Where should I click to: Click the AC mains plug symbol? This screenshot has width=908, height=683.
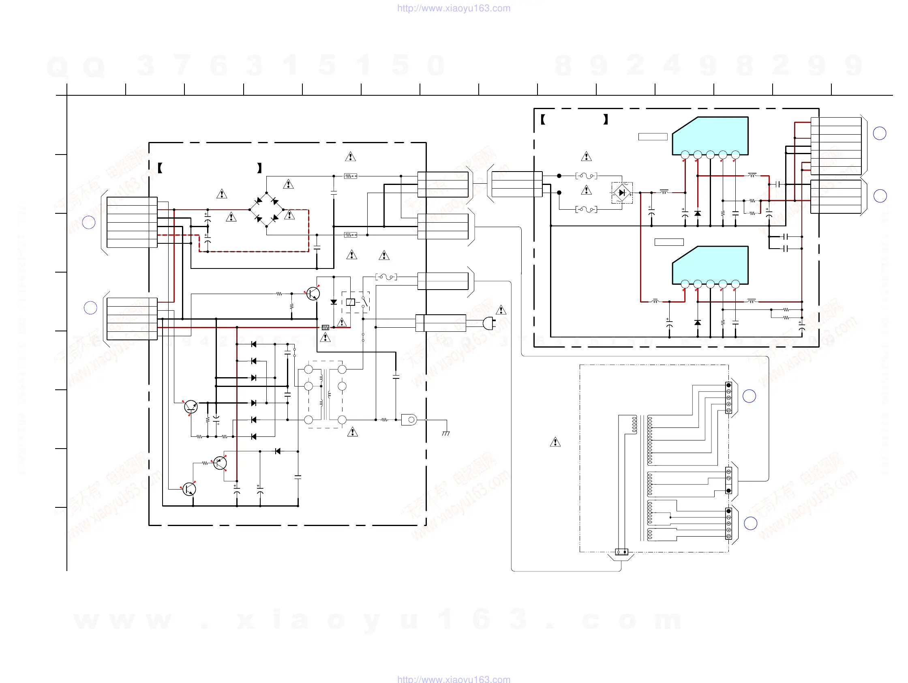tap(488, 323)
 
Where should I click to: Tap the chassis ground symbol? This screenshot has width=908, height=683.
tap(446, 433)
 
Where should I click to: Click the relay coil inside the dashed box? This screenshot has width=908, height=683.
tap(350, 302)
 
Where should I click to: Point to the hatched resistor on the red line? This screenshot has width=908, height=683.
tap(325, 327)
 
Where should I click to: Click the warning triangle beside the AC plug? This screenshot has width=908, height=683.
tap(501, 310)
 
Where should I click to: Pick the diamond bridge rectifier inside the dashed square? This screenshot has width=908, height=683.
tap(622, 193)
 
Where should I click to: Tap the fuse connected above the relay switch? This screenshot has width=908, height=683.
tap(386, 277)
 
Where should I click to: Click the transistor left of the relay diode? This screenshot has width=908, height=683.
tap(313, 293)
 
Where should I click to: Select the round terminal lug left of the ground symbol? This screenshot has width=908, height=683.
tap(409, 420)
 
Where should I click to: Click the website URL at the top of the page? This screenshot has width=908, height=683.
tap(454, 8)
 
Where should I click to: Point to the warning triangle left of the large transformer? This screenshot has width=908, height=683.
tap(555, 442)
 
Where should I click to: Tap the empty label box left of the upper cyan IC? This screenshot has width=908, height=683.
tap(653, 137)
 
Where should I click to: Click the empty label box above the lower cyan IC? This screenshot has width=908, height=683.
tap(669, 242)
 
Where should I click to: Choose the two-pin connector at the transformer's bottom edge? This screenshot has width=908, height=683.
tap(621, 552)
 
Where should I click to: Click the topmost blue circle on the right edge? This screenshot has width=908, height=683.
tap(879, 133)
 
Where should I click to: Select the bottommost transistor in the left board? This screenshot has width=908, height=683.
tap(189, 489)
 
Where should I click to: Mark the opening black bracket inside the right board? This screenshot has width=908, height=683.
tap(543, 120)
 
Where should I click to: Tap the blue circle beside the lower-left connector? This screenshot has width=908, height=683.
tap(90, 307)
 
